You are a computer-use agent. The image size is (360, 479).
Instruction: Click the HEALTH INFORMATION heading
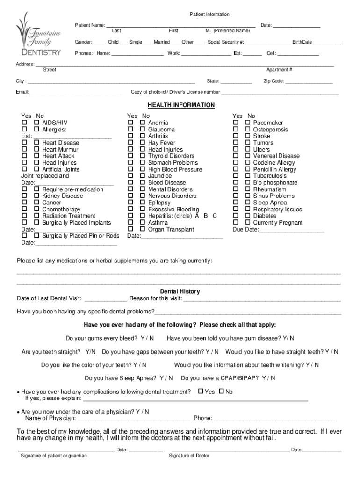coord(181,105)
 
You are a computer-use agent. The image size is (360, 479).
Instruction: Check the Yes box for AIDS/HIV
coord(24,123)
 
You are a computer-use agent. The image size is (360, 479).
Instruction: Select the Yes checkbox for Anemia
coord(130,123)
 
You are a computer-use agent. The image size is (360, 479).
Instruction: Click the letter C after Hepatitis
coord(215,216)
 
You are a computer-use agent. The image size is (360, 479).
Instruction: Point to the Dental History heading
coord(180,291)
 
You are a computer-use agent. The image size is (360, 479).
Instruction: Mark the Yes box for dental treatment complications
coord(201,392)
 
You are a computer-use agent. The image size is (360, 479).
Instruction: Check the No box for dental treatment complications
coord(222,392)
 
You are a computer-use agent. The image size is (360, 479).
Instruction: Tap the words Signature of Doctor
coord(189,456)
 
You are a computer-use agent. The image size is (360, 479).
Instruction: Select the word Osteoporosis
coord(270,130)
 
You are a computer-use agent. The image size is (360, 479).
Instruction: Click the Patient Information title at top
coord(209,15)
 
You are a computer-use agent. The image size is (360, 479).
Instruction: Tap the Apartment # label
coord(279,70)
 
